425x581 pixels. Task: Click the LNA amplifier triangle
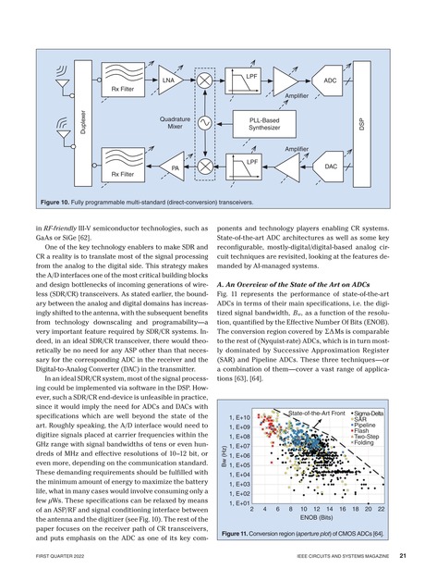tap(167, 81)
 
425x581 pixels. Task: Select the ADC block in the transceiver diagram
tap(330, 82)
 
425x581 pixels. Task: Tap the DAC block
tap(330, 166)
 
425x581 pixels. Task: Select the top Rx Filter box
tap(124, 89)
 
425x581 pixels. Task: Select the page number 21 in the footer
tap(404, 556)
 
